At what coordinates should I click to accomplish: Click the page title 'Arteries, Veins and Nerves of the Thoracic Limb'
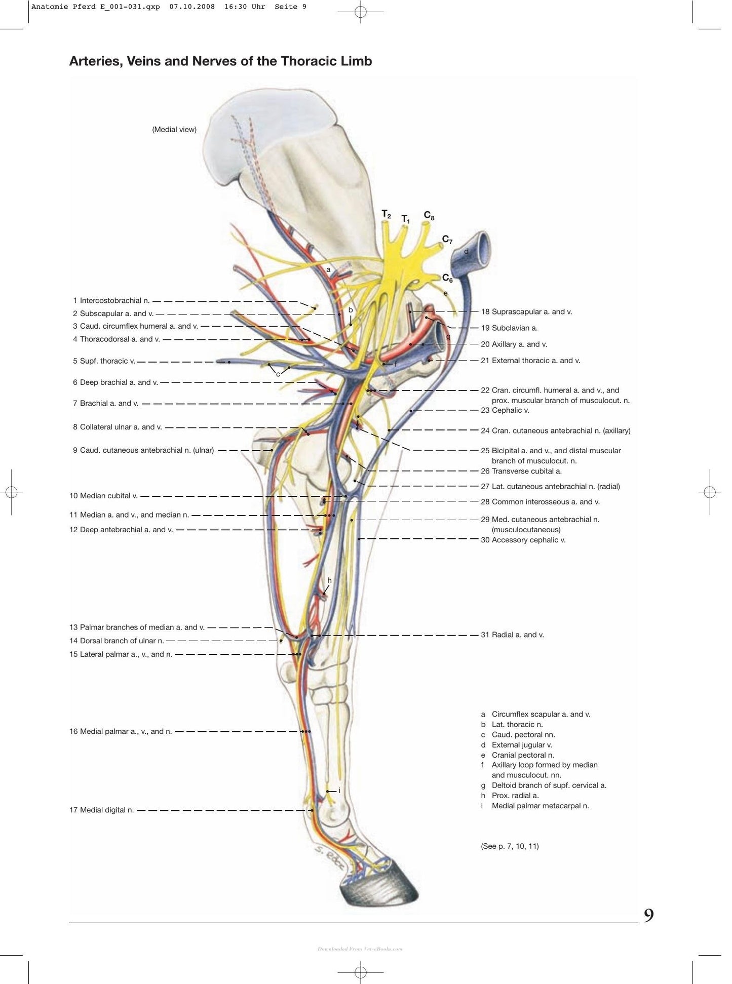click(220, 61)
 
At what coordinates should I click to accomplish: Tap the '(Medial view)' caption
click(174, 130)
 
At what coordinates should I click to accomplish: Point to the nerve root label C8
click(429, 216)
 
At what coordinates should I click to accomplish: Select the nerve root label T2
click(386, 215)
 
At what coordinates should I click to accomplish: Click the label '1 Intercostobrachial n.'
click(111, 301)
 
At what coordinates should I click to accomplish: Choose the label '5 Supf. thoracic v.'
click(104, 361)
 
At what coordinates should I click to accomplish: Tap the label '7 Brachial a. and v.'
click(105, 404)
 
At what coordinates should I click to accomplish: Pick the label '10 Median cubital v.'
click(103, 496)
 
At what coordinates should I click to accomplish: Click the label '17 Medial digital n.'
click(101, 810)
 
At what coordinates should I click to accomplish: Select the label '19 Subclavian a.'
click(509, 328)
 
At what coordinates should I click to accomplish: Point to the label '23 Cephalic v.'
click(505, 411)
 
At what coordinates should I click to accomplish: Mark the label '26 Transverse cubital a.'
click(521, 471)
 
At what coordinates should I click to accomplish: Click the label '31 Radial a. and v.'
click(512, 635)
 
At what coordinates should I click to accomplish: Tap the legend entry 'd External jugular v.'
click(517, 745)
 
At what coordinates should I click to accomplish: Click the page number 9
click(648, 916)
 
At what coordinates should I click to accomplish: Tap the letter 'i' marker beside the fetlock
click(339, 791)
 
